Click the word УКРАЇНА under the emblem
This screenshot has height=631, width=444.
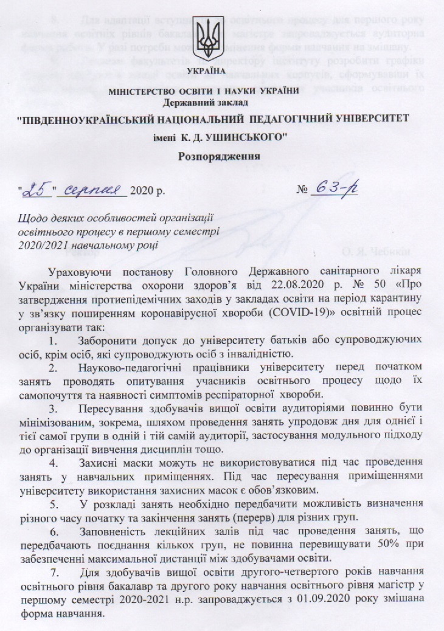[x=220, y=72]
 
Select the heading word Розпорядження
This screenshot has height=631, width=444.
[x=221, y=155]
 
